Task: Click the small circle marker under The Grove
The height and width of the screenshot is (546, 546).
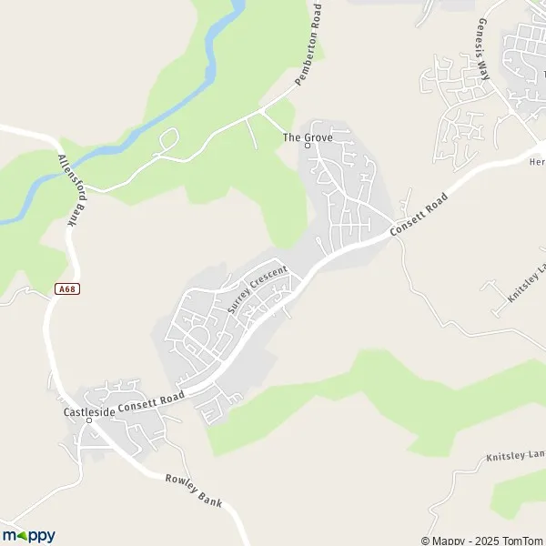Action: tap(308, 147)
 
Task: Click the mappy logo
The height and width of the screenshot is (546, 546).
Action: tap(29, 536)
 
